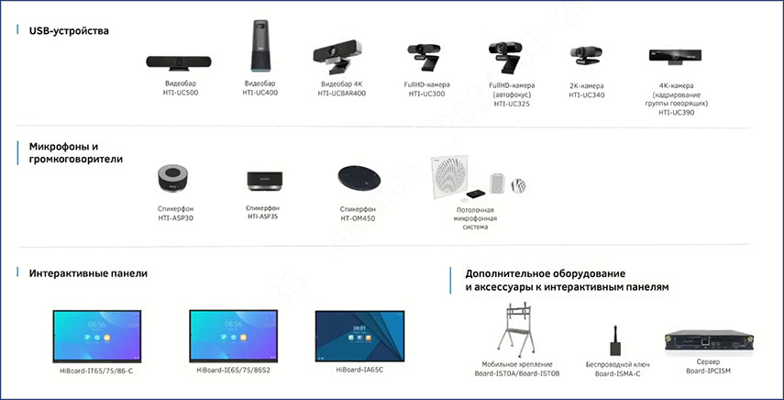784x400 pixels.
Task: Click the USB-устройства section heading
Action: click(69, 31)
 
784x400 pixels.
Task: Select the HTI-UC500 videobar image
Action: click(182, 62)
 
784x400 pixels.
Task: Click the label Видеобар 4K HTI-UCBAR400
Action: click(342, 89)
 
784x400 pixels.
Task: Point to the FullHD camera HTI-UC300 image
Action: click(426, 56)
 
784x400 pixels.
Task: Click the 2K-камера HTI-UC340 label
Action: click(587, 90)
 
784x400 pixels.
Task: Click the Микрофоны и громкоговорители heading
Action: click(76, 152)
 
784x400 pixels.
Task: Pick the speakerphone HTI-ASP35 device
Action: click(263, 179)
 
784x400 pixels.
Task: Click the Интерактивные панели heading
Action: click(88, 273)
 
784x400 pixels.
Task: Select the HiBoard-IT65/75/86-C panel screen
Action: click(95, 336)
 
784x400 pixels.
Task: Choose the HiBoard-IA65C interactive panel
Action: click(359, 338)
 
